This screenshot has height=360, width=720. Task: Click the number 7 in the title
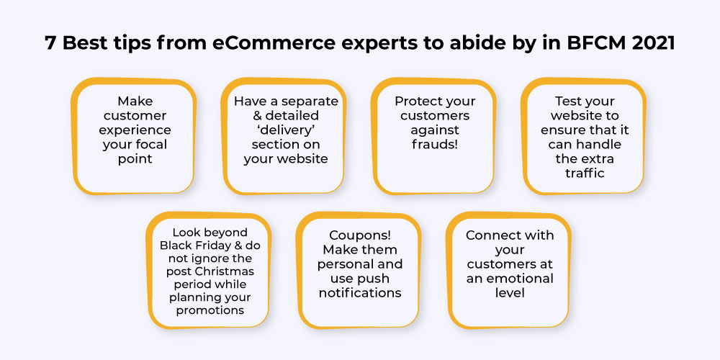pos(51,43)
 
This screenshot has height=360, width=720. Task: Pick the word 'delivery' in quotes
pos(286,130)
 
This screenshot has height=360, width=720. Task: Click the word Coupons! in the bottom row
pos(360,235)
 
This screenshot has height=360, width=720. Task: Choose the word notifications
pos(360,293)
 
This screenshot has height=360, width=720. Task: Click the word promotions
pos(210,310)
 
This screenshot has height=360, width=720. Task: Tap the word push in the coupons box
pos(374,279)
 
